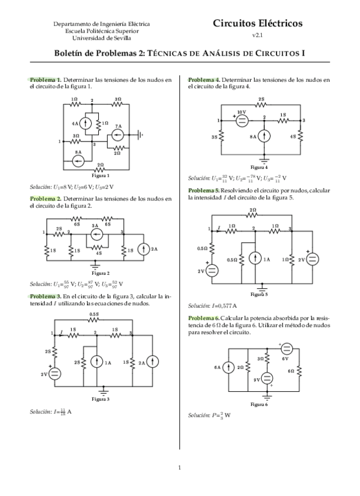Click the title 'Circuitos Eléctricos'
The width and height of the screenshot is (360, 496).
coord(258,24)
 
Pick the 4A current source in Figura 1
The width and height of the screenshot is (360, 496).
coord(85,123)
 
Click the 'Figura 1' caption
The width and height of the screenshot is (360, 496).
coord(101,175)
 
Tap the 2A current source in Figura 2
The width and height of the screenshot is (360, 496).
coord(142,249)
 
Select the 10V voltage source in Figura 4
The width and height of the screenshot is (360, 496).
coord(241,120)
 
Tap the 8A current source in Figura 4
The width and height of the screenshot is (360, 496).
coord(265,137)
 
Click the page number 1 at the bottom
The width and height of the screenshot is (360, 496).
coord(180,467)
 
